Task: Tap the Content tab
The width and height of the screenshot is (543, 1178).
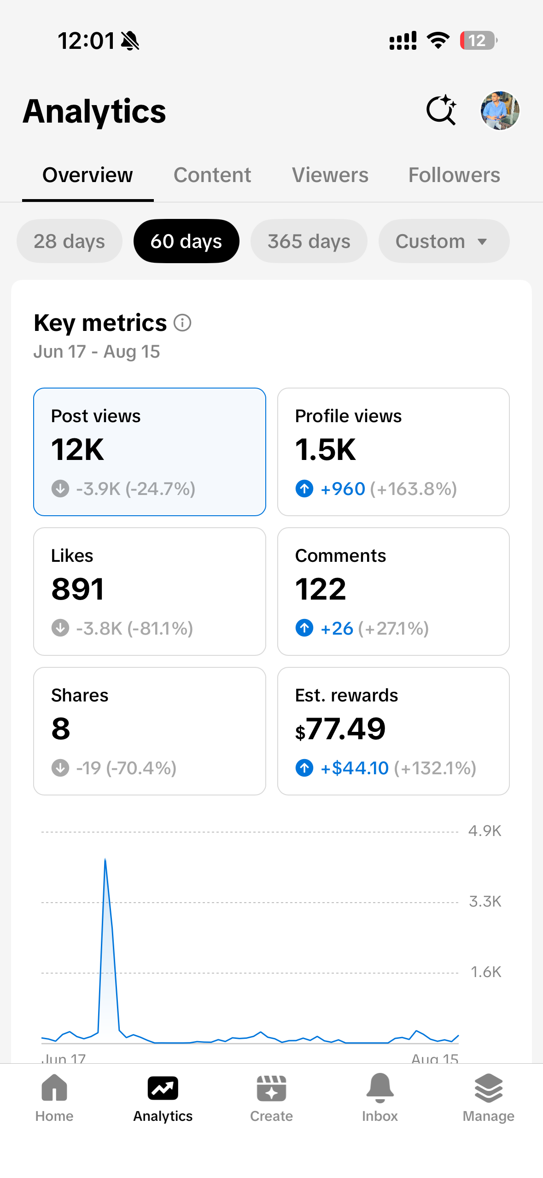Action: (212, 175)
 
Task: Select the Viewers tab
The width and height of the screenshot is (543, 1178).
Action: (330, 175)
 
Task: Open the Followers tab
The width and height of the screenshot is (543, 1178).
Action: (454, 175)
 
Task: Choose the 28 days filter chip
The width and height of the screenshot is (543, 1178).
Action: (70, 241)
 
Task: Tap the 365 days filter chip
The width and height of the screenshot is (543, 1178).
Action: (309, 241)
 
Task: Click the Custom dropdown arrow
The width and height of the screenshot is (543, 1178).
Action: (482, 241)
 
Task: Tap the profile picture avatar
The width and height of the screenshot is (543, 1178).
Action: (500, 111)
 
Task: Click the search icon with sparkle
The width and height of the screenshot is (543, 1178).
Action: (441, 110)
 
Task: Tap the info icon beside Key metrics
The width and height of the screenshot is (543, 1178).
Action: (182, 323)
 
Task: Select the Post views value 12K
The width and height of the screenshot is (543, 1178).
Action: (78, 449)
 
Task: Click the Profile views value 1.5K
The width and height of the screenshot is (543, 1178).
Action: (326, 449)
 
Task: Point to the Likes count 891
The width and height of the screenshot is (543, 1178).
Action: (78, 589)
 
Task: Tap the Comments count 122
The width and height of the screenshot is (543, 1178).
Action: (321, 589)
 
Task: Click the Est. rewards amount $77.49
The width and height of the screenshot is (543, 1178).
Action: (340, 729)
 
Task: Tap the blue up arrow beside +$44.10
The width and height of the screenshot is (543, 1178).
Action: (304, 768)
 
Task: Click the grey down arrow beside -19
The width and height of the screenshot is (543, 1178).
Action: (60, 768)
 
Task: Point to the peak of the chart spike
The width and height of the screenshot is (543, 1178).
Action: (105, 859)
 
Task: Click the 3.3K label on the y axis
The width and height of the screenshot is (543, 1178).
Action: (485, 901)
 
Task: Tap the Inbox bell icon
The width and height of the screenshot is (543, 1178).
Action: (380, 1088)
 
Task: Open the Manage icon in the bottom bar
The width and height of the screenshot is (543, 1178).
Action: (489, 1088)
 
